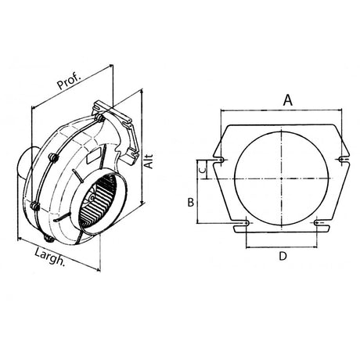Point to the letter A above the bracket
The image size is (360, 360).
click(x=287, y=99)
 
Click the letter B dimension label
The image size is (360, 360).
click(x=189, y=202)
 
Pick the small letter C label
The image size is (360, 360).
click(x=200, y=167)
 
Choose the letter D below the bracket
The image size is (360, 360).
click(x=283, y=256)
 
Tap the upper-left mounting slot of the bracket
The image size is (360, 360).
click(x=223, y=160)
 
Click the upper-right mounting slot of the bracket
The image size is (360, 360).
click(x=341, y=160)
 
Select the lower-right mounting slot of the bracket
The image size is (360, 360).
click(x=318, y=225)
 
